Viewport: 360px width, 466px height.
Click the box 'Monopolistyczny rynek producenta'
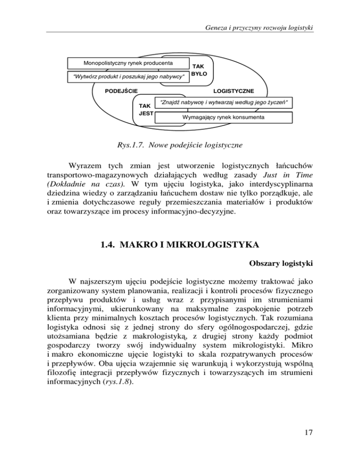127,63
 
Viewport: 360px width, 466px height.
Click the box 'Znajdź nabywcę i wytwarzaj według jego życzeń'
224,102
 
